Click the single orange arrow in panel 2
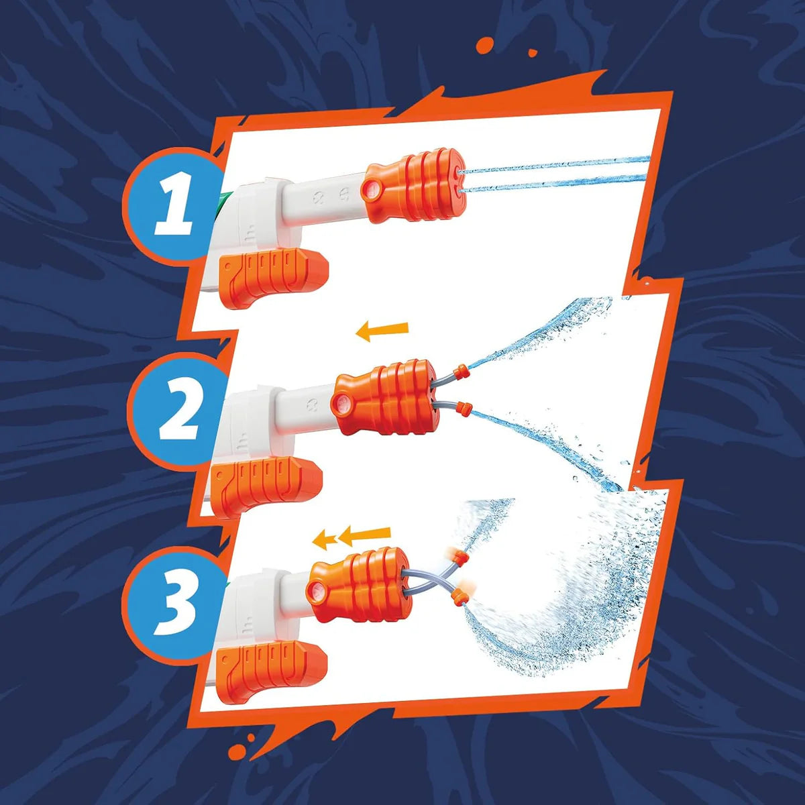382,330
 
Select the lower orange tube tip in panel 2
463,407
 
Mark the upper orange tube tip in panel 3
458,557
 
